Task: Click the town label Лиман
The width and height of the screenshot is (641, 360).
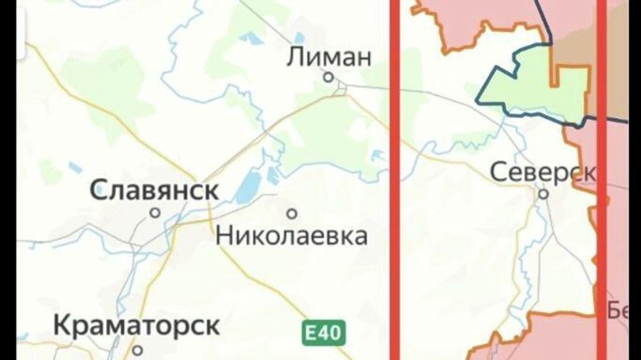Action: coord(329,57)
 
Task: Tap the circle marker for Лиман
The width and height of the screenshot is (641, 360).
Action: coord(329,77)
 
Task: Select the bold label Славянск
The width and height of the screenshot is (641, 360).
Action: coord(154,190)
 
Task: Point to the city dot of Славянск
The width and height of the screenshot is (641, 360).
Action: coord(155,213)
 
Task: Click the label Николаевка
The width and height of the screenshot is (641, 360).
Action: coord(292,235)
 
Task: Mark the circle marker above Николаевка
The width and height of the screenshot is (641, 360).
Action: coord(292,214)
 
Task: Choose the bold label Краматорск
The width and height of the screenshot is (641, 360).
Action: coord(136,326)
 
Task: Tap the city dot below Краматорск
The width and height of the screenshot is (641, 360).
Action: coord(138,349)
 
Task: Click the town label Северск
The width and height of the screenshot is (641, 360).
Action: coord(543,172)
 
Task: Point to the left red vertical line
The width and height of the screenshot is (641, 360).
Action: coord(395,180)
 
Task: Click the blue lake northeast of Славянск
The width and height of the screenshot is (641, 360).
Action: coord(248,184)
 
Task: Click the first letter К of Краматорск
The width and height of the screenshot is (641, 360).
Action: coord(61,326)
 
